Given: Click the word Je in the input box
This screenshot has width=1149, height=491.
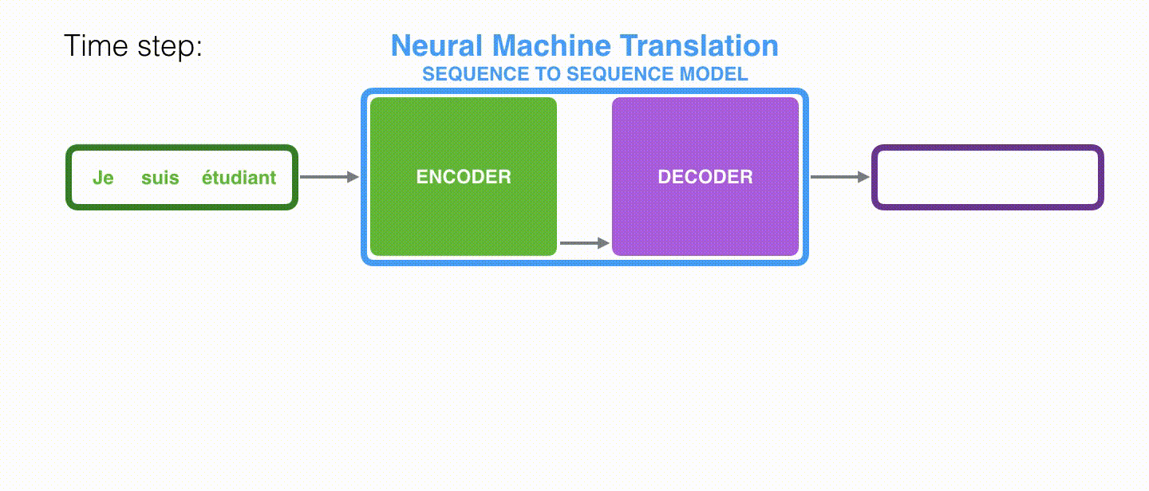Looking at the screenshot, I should pos(103,178).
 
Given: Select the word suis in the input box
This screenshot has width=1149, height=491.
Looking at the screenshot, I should pos(160,178).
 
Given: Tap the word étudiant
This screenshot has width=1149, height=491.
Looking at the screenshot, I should pos(239,178).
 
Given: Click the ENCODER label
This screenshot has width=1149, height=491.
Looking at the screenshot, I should pos(464,177).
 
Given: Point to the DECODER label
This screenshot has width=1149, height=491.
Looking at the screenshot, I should pos(705,177).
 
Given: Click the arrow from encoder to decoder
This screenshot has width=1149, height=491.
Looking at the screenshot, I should pos(583,243).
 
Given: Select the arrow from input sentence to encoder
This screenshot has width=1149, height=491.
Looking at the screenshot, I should pos(329,177).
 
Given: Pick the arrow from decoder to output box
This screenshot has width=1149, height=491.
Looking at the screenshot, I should pos(839,177).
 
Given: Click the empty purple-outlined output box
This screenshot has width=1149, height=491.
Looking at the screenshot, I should pos(987,178).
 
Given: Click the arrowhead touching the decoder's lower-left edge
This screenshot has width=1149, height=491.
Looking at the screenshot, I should pos(604,243).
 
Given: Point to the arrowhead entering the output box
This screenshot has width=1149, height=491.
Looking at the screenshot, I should pos(863,177).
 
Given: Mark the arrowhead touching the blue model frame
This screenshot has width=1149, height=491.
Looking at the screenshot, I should pos(353,177).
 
